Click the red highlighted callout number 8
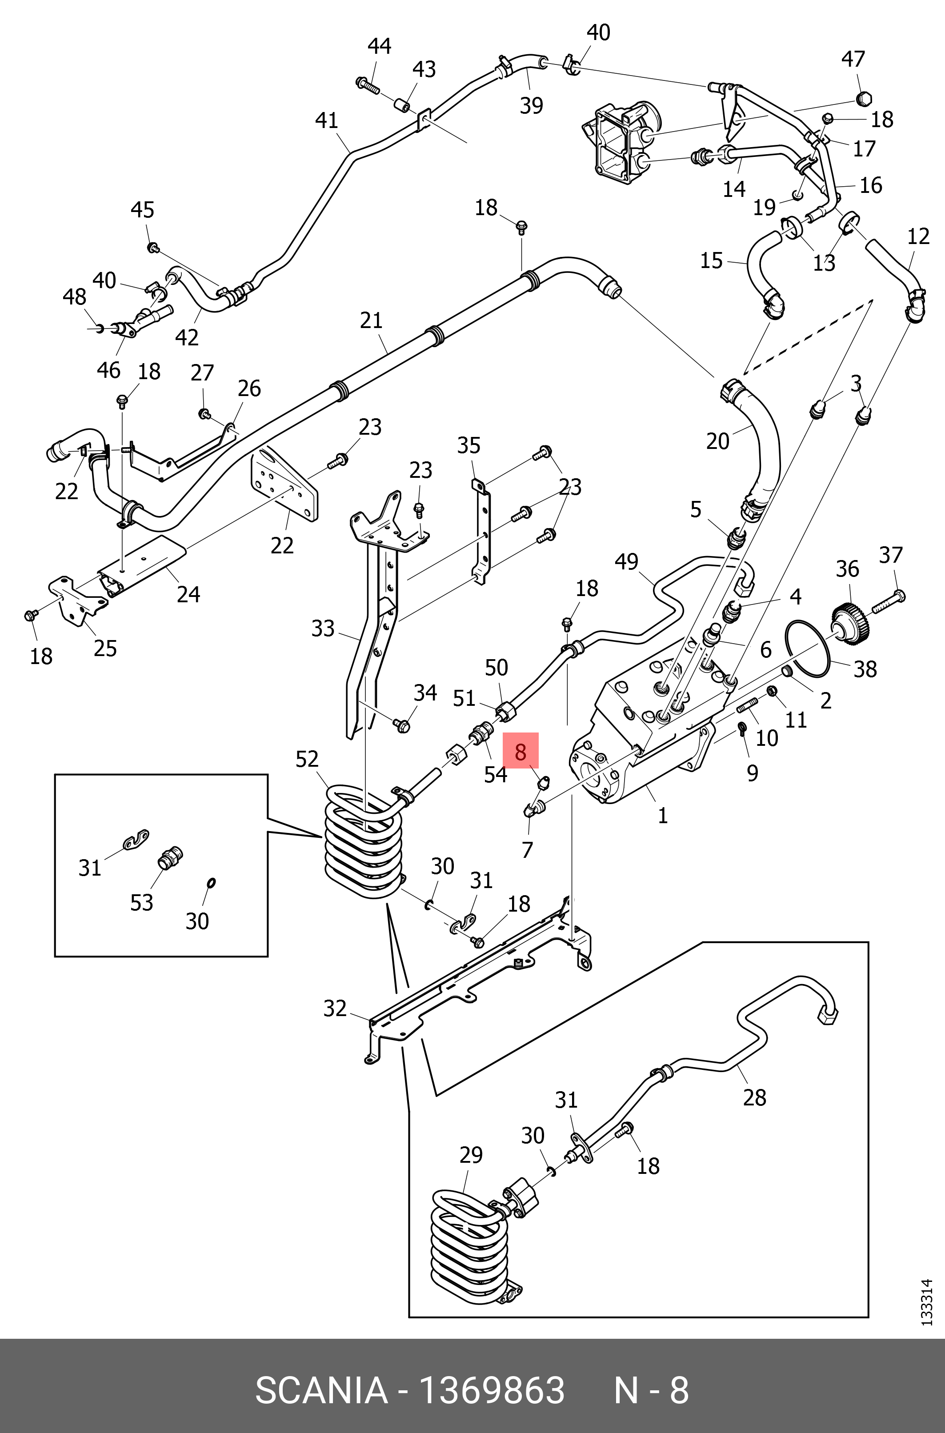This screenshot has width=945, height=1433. pos(521,752)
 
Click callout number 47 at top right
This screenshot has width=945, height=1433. pos(853,59)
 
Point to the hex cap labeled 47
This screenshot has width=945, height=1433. pos(865,98)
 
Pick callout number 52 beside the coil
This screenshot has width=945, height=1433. pos(307,759)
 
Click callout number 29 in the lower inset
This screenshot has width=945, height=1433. pos(471,1155)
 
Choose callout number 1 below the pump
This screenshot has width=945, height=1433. pos(662,815)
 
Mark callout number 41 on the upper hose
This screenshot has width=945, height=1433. pos(327,120)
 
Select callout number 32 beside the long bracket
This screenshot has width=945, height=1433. pos(335,1008)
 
